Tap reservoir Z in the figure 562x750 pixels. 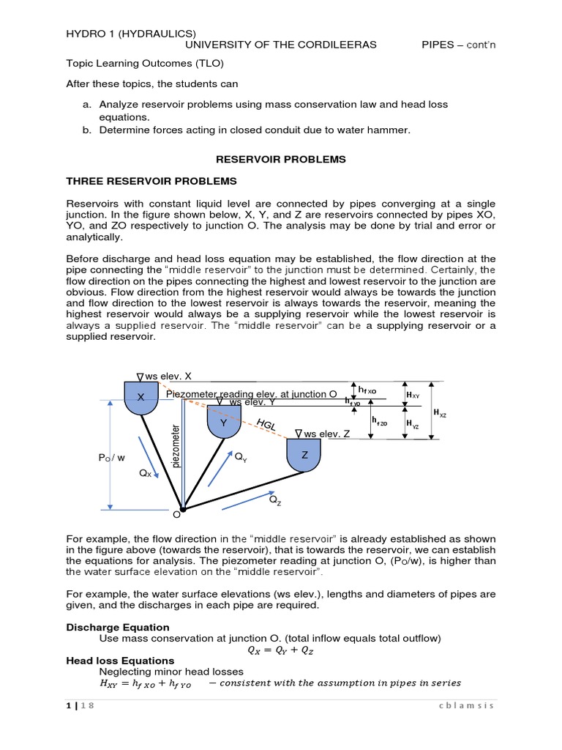pyautogui.click(x=304, y=456)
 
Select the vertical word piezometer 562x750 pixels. pyautogui.click(x=175, y=445)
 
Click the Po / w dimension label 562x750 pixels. pyautogui.click(x=111, y=458)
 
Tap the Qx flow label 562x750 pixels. pyautogui.click(x=145, y=474)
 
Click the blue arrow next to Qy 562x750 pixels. pyautogui.click(x=219, y=469)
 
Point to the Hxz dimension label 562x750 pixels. pyautogui.click(x=440, y=414)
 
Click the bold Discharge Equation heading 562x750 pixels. pyautogui.click(x=118, y=627)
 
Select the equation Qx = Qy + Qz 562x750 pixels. pyautogui.click(x=280, y=650)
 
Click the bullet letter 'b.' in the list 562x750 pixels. pyautogui.click(x=86, y=130)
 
